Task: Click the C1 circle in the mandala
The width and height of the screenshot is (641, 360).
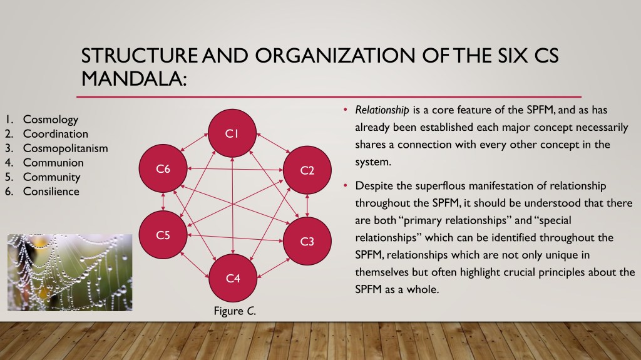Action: point(232,133)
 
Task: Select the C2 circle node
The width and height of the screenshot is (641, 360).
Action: point(307,170)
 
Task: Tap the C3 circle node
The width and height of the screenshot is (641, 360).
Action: point(307,241)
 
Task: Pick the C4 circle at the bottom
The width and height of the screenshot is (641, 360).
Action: point(233,278)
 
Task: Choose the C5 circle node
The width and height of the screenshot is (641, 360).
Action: point(163,235)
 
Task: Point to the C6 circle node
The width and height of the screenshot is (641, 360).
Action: point(163,168)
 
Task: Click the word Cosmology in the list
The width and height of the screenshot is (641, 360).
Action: point(51,120)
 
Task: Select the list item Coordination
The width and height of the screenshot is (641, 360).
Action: point(56,134)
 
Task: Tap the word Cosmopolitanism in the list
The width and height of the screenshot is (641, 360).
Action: point(65,148)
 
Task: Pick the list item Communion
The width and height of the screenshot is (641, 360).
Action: point(53,162)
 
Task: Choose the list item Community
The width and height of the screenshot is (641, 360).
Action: point(51,177)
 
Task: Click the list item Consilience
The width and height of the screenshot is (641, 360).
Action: point(51,192)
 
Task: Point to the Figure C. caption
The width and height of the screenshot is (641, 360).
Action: point(235,311)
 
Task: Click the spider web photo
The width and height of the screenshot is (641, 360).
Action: point(70,272)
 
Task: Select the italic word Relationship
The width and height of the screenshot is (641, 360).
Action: point(382,110)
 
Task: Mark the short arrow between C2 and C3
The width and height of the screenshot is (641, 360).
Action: point(307,205)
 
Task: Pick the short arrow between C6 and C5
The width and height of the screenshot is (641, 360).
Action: point(163,202)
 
